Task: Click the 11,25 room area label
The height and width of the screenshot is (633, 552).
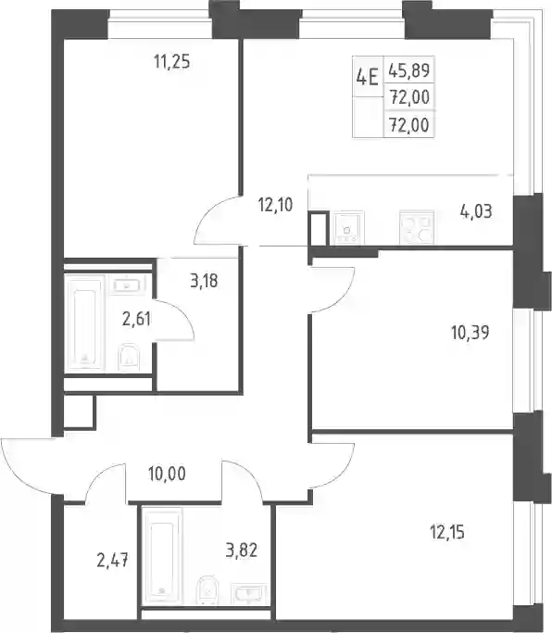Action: (172, 62)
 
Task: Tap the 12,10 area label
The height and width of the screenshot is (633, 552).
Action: (276, 205)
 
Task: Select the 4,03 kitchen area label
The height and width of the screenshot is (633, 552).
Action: (476, 211)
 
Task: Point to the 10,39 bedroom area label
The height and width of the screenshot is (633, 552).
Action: (470, 333)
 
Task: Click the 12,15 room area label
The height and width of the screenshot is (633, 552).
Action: (447, 533)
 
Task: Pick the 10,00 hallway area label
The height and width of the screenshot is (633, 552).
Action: (167, 474)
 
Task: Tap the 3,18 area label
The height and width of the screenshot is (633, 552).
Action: (204, 281)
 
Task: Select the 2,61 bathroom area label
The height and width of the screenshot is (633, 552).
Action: (136, 320)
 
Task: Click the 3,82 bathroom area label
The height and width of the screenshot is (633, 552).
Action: (242, 551)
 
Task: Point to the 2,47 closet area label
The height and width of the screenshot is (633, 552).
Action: (113, 561)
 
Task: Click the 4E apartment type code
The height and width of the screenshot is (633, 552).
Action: (367, 77)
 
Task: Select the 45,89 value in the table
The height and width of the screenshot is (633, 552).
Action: (409, 70)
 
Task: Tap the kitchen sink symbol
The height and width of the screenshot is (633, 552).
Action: (347, 228)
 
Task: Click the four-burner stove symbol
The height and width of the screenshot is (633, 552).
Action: (417, 227)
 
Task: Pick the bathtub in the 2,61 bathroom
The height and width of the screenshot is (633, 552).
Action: (85, 323)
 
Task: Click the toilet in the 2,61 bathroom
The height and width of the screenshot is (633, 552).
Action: (129, 357)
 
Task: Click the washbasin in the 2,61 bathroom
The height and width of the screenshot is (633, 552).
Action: (127, 285)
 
